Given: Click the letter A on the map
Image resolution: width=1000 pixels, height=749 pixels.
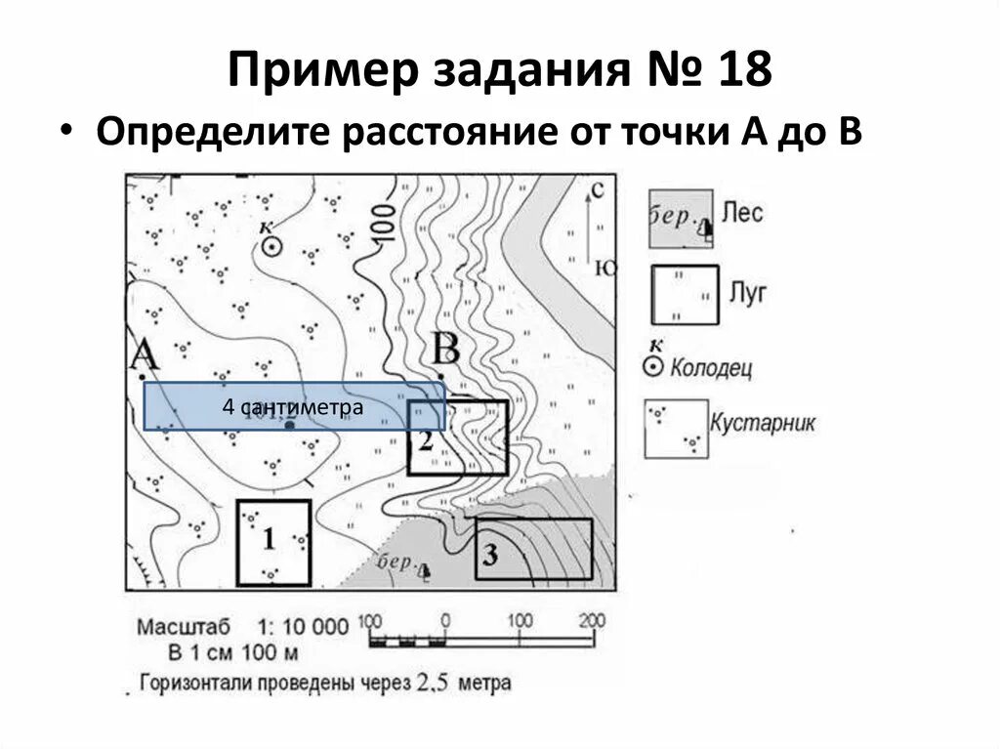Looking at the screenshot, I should pos(144,355).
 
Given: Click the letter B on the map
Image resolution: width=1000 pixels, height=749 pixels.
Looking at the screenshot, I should pos(445,349).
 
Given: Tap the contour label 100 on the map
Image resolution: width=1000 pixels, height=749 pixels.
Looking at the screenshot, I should pos(383,224).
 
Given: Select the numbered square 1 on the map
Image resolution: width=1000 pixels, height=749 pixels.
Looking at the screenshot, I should pos(273,542).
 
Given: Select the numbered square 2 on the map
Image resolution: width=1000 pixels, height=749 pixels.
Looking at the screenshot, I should pos(457,437).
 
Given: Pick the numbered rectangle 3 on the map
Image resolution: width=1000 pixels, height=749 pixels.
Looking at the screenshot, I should pos(534,551).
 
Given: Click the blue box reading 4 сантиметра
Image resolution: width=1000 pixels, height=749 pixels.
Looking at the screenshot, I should pos(294,406).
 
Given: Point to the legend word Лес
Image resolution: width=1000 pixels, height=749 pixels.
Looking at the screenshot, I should pos(744,212).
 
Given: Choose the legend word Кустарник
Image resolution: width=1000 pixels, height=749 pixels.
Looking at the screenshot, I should pos(763,424).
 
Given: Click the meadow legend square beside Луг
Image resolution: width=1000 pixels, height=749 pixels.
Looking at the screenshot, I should pos(685,294).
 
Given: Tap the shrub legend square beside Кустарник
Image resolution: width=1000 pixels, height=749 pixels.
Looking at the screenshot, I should pos(676,429).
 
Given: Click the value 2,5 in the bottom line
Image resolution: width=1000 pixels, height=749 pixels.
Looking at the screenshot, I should pos(432,684).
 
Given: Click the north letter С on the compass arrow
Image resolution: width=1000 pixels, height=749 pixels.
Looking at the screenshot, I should pos(598,188).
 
